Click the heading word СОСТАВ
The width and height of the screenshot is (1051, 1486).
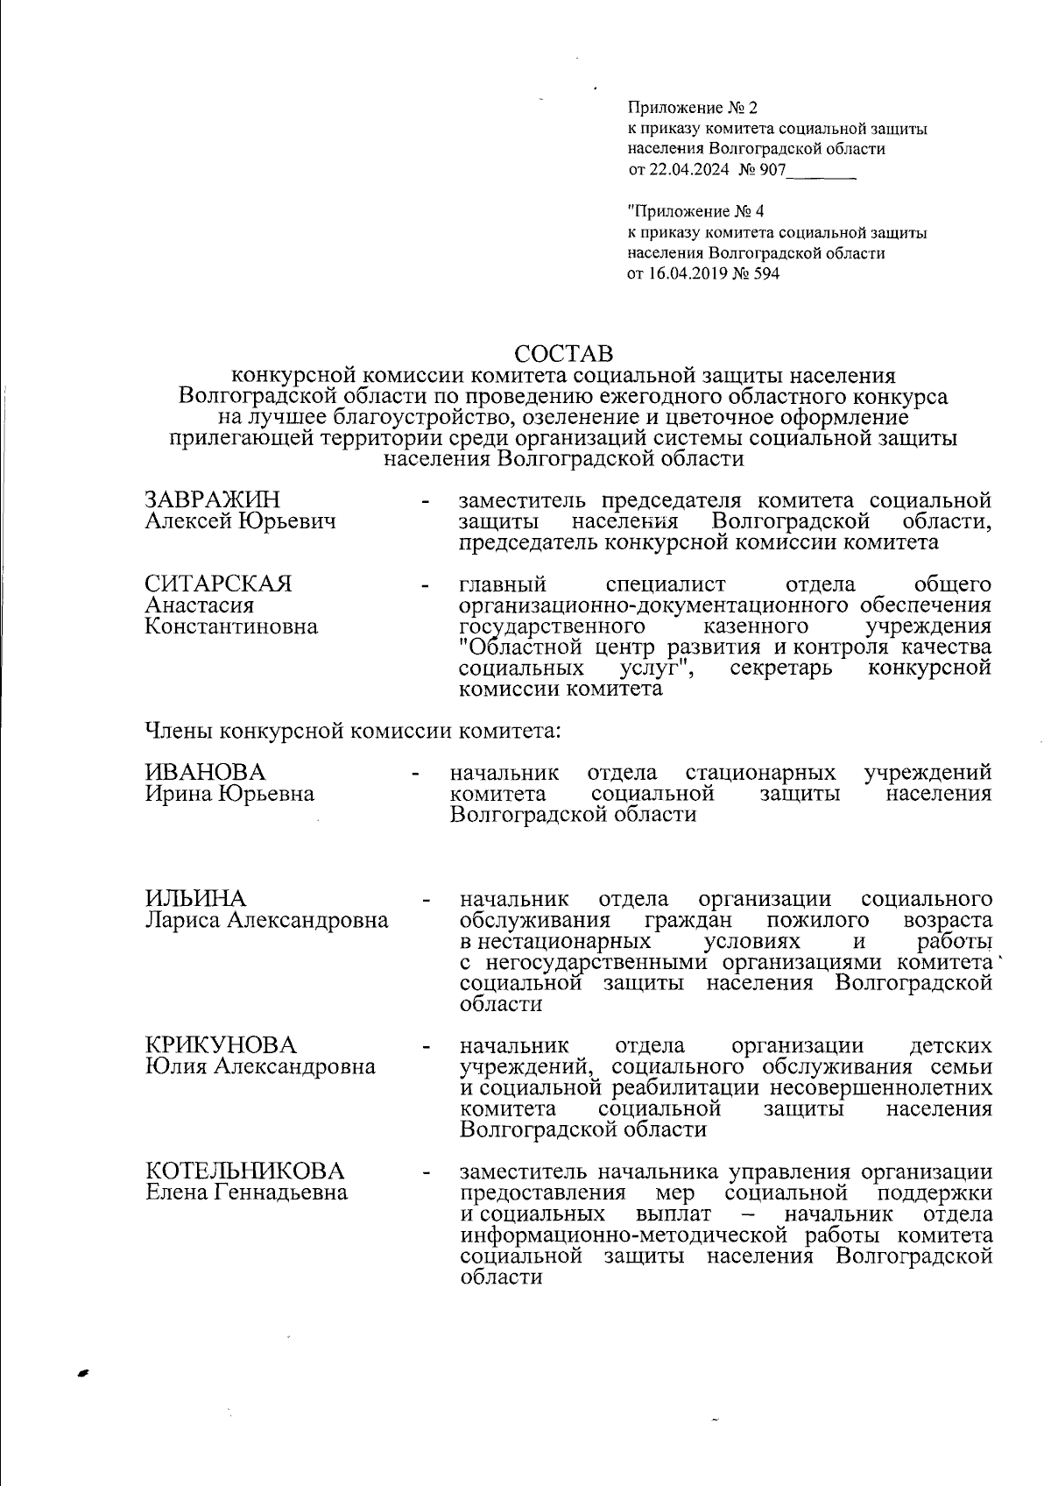(565, 354)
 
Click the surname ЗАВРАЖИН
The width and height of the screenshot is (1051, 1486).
(213, 500)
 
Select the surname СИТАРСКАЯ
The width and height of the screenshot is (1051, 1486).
(218, 584)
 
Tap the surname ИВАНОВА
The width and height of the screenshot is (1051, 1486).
(205, 772)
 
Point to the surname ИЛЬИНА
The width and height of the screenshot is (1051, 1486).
(195, 899)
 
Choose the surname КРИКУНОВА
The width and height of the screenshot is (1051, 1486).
(221, 1045)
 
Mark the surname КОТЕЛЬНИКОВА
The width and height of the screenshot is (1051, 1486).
(244, 1171)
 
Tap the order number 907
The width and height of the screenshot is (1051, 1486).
(774, 170)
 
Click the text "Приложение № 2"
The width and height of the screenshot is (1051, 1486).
(693, 109)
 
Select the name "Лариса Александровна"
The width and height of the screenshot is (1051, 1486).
(267, 921)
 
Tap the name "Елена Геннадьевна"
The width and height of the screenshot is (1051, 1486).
(246, 1192)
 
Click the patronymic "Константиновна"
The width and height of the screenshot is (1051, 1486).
(231, 626)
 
